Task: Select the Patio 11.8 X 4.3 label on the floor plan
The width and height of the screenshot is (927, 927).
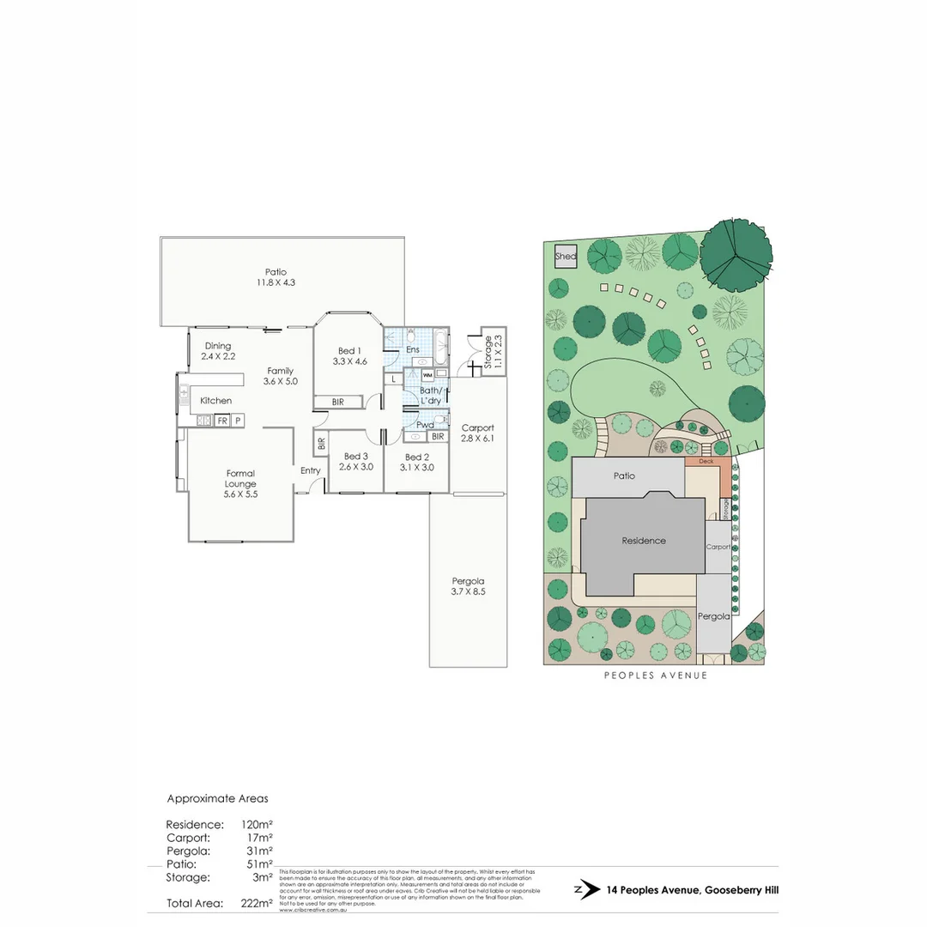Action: [276, 277]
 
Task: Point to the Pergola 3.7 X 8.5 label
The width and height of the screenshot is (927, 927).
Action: [468, 585]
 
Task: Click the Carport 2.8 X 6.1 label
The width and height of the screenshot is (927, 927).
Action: [478, 433]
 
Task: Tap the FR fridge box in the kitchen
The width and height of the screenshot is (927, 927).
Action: [221, 421]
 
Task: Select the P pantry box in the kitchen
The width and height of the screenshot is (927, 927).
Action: [238, 421]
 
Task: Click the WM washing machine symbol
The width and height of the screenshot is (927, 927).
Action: [427, 375]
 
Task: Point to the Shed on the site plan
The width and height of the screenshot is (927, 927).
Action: [565, 257]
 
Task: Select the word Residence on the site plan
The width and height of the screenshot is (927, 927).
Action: [643, 541]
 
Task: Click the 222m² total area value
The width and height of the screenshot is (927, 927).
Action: [257, 903]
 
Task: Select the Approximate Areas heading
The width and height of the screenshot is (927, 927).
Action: [217, 798]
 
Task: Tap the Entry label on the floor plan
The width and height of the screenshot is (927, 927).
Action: [310, 470]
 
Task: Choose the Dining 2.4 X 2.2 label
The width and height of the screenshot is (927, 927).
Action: [218, 351]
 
